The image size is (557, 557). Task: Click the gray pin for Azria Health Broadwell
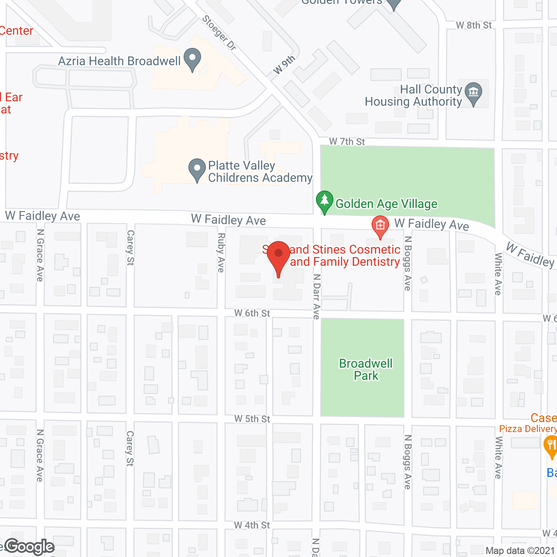point(192,60)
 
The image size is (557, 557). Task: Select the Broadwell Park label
point(366,369)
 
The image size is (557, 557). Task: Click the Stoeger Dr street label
point(219,33)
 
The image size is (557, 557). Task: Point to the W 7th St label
point(347,141)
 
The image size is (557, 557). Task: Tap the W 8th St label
point(473,25)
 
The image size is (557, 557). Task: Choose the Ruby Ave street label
point(221,253)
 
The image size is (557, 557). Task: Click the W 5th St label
point(252,419)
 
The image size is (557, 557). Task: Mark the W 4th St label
point(252,525)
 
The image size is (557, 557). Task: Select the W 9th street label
point(284,65)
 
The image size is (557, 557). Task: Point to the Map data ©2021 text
point(520,550)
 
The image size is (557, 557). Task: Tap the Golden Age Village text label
point(386,204)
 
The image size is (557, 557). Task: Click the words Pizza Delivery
point(527,429)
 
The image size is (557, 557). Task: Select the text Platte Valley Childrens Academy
point(260,171)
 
